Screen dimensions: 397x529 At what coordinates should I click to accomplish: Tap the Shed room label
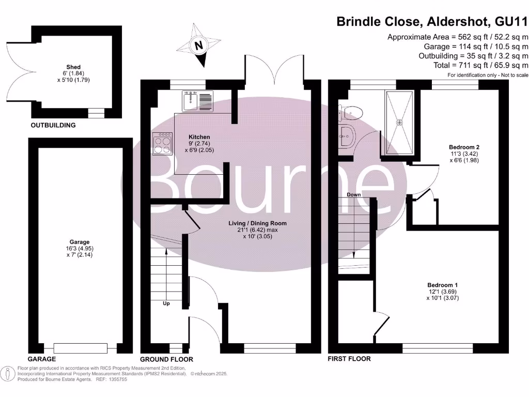tap(73, 67)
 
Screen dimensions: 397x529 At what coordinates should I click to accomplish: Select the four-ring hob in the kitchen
tap(162, 143)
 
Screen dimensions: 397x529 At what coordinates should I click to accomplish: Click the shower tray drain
tap(399, 123)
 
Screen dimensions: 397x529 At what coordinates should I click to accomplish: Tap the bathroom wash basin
tap(345, 135)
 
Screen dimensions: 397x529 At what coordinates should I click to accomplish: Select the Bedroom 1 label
tap(442, 285)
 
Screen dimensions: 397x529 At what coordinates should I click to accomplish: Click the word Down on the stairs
tap(354, 195)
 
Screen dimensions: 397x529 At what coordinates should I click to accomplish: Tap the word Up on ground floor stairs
tap(166, 303)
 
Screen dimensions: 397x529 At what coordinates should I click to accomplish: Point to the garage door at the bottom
tap(80, 347)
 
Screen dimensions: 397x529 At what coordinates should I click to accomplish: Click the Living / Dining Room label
tap(257, 223)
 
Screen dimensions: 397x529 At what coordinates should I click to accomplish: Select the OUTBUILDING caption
tap(53, 125)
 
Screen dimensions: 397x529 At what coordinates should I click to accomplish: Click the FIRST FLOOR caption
tap(349, 358)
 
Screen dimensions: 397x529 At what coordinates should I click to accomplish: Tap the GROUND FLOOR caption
tap(166, 359)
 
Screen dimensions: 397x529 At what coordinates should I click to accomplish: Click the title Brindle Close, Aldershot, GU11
tap(432, 22)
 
